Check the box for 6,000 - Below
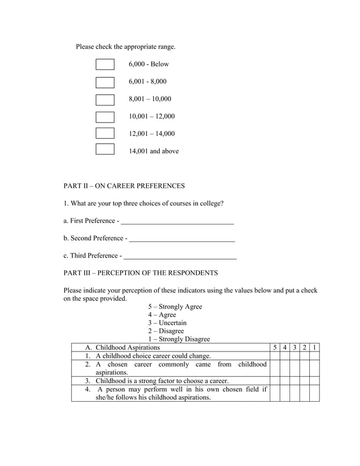pyautogui.click(x=105, y=64)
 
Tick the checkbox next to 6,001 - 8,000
pyautogui.click(x=105, y=82)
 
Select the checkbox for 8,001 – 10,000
pyautogui.click(x=105, y=99)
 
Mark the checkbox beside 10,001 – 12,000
pyautogui.click(x=105, y=117)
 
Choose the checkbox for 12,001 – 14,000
pyautogui.click(x=105, y=134)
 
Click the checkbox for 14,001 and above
pyautogui.click(x=105, y=150)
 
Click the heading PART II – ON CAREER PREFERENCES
pyautogui.click(x=124, y=186)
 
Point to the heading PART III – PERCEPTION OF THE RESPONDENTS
pyautogui.click(x=141, y=273)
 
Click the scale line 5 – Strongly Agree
pyautogui.click(x=175, y=307)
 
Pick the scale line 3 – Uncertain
pyautogui.click(x=167, y=323)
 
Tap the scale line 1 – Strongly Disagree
pyautogui.click(x=179, y=339)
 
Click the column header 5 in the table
pyautogui.click(x=275, y=348)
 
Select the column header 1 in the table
pyautogui.click(x=314, y=348)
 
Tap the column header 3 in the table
pyautogui.click(x=295, y=348)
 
